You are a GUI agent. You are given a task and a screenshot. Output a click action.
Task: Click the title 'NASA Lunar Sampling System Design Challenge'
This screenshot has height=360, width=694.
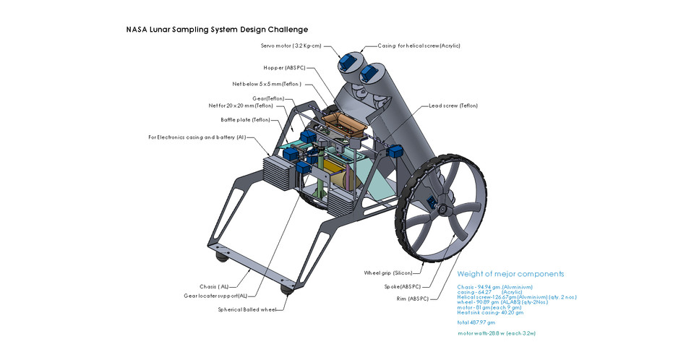click(x=217, y=30)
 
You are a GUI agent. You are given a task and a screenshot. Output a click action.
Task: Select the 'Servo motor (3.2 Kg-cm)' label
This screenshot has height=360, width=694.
click(x=291, y=46)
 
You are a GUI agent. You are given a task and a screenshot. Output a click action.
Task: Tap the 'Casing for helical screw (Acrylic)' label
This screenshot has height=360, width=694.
click(x=419, y=46)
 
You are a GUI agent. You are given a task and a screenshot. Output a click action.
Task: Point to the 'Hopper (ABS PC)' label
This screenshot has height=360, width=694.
click(x=284, y=68)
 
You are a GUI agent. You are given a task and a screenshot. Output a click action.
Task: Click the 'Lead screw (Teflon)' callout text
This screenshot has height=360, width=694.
click(x=453, y=106)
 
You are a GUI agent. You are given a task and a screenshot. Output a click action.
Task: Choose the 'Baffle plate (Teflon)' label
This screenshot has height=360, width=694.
click(x=245, y=120)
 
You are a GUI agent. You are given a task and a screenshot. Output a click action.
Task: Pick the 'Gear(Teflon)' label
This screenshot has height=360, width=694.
click(x=268, y=98)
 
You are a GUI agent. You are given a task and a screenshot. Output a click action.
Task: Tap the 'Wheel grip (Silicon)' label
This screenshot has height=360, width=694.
click(x=387, y=273)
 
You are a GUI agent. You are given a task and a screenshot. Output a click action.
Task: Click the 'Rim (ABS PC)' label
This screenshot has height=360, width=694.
click(x=413, y=299)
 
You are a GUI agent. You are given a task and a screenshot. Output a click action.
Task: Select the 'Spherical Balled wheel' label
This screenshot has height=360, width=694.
click(x=247, y=309)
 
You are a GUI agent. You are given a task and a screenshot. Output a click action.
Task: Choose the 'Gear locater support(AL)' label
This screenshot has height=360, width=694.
click(x=215, y=296)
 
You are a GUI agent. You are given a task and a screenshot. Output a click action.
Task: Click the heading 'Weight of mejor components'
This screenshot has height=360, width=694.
click(x=510, y=274)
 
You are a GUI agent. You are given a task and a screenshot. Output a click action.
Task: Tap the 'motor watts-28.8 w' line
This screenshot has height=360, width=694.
click(x=497, y=333)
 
